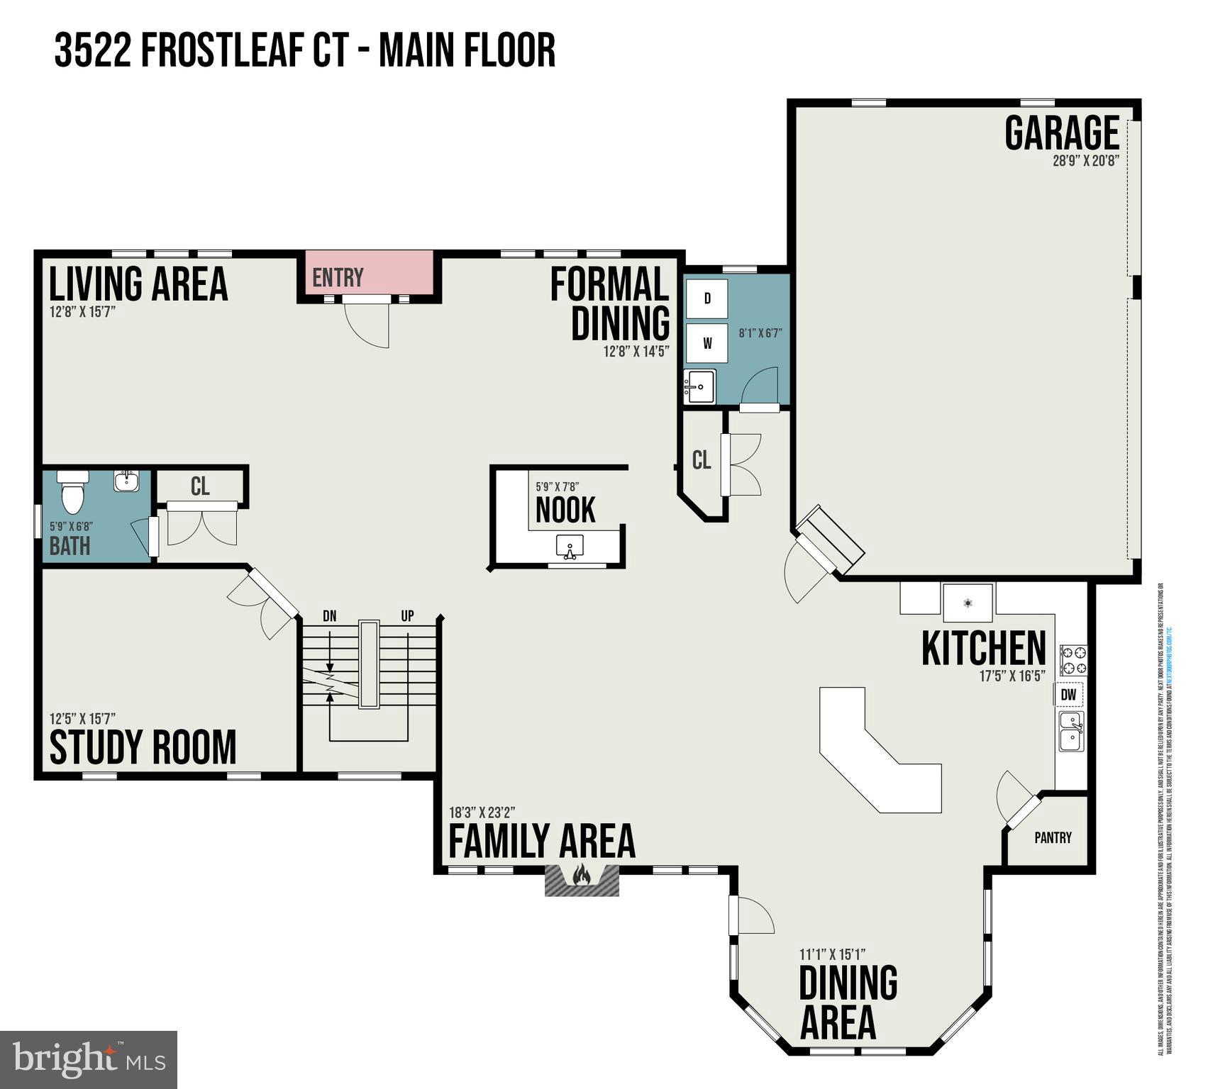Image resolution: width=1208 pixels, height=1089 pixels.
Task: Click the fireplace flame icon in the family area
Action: (581, 875)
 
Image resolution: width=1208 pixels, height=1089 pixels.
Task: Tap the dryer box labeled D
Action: (706, 298)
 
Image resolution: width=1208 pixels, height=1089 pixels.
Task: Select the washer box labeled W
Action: (706, 343)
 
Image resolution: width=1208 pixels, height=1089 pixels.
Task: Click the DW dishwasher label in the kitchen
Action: (1068, 695)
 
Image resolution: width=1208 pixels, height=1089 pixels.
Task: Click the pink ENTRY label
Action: (338, 277)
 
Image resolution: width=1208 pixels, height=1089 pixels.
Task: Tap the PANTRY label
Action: (1053, 837)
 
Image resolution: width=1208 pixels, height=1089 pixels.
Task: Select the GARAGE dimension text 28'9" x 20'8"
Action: (1085, 160)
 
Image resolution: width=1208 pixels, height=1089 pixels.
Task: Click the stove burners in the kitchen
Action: (1073, 659)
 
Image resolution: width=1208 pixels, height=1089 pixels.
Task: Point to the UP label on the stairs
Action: (407, 615)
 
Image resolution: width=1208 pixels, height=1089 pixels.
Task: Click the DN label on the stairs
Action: (329, 615)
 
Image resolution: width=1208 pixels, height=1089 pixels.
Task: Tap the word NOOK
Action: (565, 510)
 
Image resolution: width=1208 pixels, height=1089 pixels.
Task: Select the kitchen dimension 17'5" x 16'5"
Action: (1012, 676)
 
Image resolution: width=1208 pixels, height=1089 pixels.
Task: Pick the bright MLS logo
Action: (89, 1060)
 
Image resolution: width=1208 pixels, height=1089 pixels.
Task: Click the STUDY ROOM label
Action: (143, 747)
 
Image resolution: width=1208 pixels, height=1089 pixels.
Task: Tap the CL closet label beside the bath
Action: (200, 486)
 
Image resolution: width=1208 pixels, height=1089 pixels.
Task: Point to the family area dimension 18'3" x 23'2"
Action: (482, 812)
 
